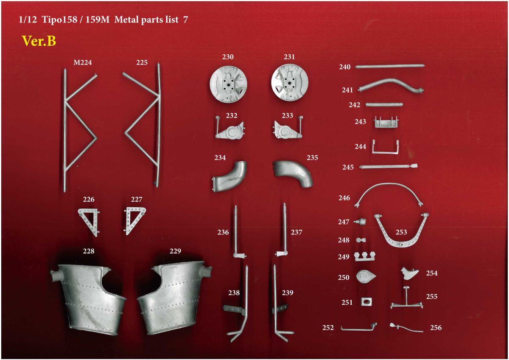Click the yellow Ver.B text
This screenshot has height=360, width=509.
click(39, 41)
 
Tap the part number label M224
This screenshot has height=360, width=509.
click(82, 62)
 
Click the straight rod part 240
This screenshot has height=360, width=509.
click(390, 66)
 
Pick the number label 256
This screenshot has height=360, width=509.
click(436, 328)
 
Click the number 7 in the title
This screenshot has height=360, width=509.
click(185, 20)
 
